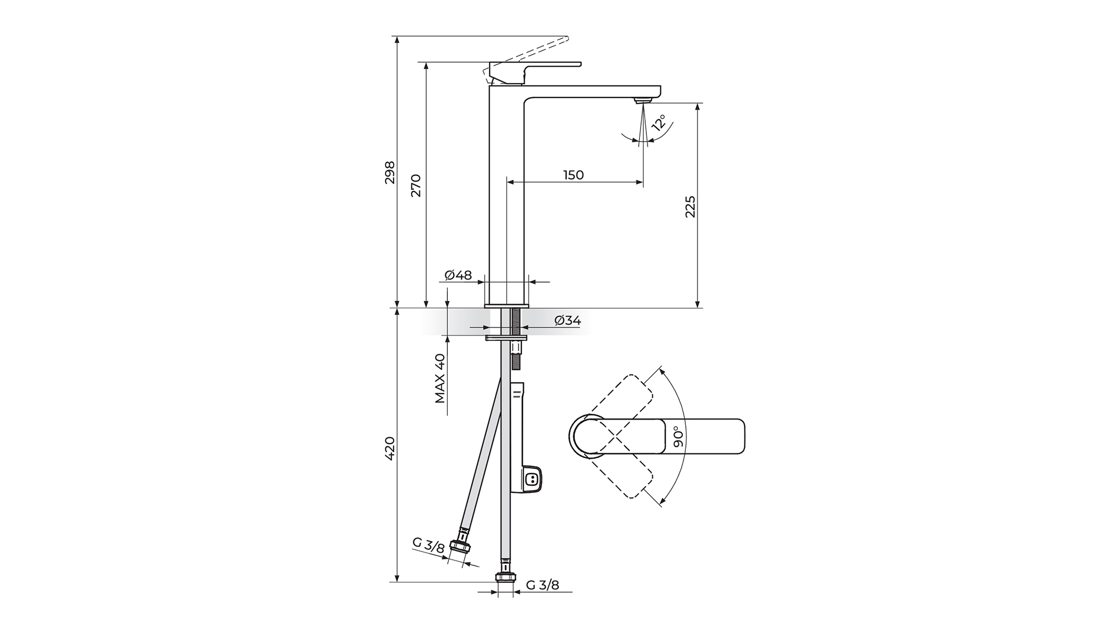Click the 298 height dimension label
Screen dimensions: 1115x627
pos(390,172)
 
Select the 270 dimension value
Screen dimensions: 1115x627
pos(416,185)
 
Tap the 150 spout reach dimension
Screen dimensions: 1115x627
pos(573,175)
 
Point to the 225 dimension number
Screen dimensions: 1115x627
pos(690,207)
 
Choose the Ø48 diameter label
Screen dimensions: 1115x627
pos(458,275)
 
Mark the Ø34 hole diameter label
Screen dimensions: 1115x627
pos(567,320)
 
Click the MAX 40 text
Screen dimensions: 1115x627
pos(440,379)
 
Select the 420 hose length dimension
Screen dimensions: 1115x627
pos(390,448)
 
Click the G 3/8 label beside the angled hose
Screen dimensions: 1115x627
pos(429,545)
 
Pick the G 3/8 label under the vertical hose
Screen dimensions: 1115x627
pos(543,585)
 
